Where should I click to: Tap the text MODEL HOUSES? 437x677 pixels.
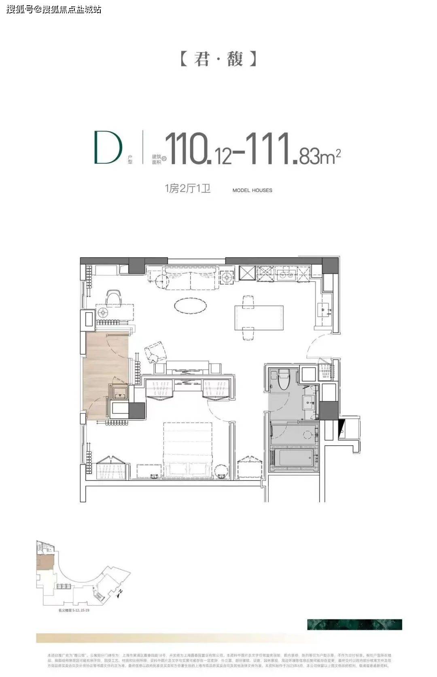click(252, 190)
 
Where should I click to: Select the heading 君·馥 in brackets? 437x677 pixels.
click(218, 59)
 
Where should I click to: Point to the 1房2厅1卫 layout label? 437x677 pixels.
click(187, 188)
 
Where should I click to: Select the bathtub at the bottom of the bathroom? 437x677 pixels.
click(295, 458)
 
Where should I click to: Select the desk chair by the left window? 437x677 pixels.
click(114, 297)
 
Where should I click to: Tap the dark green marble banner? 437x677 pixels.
click(354, 624)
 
